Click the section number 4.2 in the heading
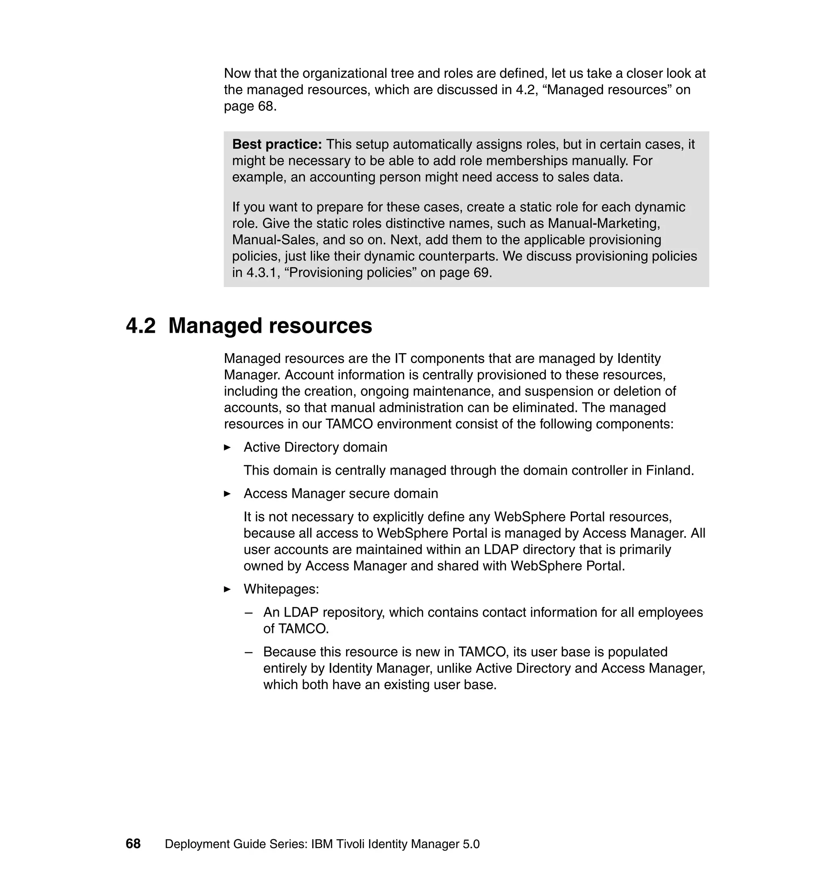tap(141, 326)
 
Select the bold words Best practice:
tap(277, 145)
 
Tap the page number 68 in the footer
tap(133, 844)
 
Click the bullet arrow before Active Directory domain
tap(228, 447)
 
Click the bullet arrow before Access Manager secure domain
tap(228, 494)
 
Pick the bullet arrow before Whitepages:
tap(228, 589)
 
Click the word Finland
tap(669, 471)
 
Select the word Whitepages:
tap(281, 589)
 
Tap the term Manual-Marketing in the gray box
tap(603, 223)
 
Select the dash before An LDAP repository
tap(249, 612)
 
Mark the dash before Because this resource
tap(249, 652)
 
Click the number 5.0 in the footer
tap(471, 844)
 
